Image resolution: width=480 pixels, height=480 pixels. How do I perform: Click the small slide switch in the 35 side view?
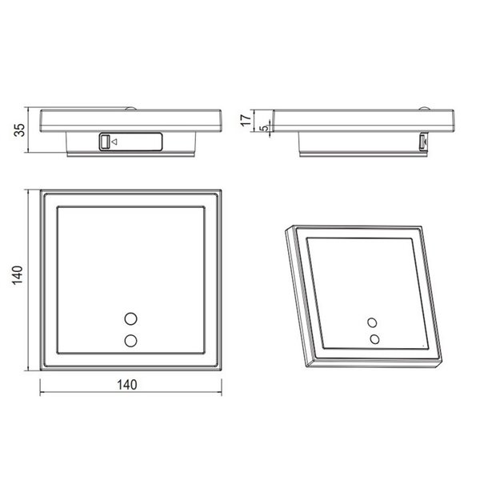click(x=104, y=142)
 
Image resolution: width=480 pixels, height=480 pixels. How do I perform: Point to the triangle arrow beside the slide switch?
click(x=114, y=142)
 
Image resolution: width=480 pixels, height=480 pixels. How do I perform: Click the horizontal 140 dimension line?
click(x=80, y=392)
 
